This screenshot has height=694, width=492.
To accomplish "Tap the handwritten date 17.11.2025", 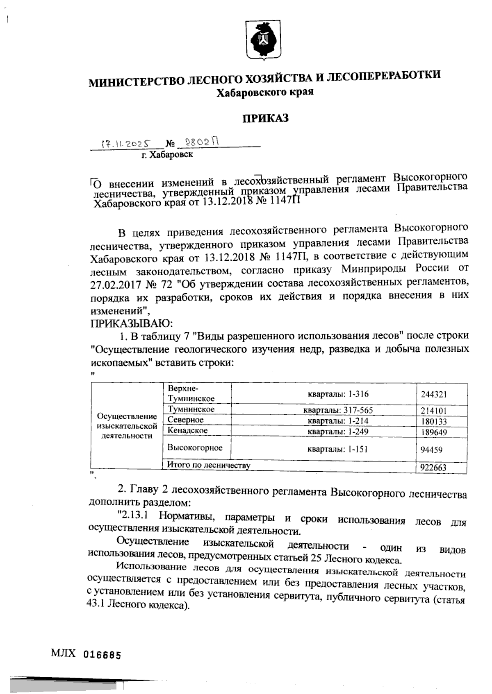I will click(x=125, y=144).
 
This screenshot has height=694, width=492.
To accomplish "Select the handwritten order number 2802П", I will click(x=200, y=142).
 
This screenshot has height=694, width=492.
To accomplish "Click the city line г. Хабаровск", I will click(x=167, y=155).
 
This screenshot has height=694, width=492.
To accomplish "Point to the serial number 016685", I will click(x=102, y=655).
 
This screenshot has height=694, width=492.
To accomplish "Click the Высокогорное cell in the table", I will click(x=195, y=448).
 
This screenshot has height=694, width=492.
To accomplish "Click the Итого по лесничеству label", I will click(x=208, y=465).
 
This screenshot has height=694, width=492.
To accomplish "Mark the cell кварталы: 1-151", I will click(x=338, y=449).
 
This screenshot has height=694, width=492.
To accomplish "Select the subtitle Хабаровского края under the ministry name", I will click(x=265, y=93).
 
